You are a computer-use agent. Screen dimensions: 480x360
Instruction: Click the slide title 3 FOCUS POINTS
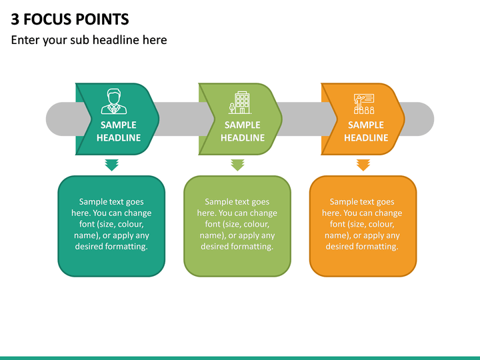coord(70,19)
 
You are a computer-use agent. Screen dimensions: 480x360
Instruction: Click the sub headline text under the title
coord(89,40)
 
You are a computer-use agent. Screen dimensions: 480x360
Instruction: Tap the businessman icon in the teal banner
coord(114,101)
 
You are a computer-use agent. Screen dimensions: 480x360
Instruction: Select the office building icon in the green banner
coord(240,103)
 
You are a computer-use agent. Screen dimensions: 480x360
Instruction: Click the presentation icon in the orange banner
coord(364,104)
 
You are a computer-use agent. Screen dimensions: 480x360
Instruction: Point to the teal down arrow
coord(112,165)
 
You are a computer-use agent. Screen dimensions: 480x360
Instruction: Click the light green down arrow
coord(237,165)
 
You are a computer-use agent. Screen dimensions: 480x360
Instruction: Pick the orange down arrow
coord(363,165)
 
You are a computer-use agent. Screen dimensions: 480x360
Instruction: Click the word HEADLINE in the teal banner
coord(119,138)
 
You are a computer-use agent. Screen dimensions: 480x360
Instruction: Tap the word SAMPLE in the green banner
coord(243,125)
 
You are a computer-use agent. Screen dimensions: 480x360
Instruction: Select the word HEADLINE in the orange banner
coord(366,138)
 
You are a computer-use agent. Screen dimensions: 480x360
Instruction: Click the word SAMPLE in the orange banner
coord(366,125)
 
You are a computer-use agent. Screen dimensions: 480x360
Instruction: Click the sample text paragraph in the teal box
coord(111,224)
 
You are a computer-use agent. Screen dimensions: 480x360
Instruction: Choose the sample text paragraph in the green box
coord(237,224)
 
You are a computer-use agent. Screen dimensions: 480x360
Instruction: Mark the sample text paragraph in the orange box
coord(362,224)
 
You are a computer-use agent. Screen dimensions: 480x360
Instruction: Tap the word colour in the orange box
coord(381,225)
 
